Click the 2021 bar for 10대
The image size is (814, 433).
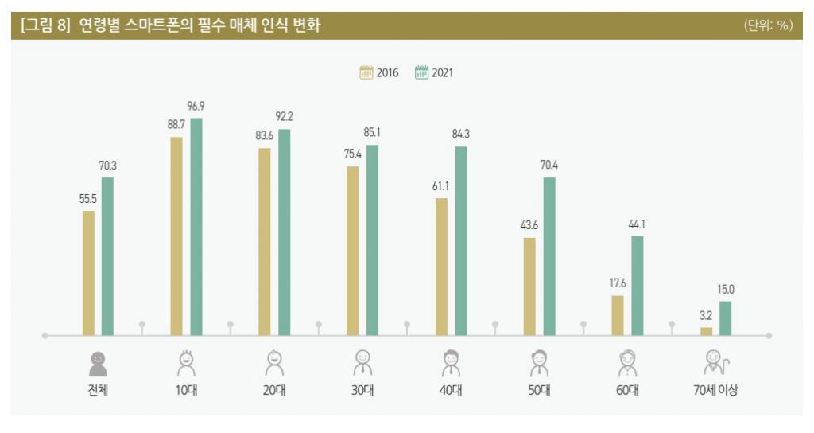click(x=196, y=227)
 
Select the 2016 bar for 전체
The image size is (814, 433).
click(x=88, y=273)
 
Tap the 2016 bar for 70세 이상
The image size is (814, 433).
click(x=706, y=331)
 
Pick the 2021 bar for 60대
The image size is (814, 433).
click(x=637, y=286)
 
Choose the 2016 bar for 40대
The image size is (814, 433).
click(x=441, y=267)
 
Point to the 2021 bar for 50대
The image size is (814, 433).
click(x=548, y=256)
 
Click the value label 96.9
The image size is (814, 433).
click(x=196, y=106)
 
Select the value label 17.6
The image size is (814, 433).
click(x=618, y=283)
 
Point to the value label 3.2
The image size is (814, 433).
click(x=706, y=315)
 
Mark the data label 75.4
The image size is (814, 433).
click(x=353, y=154)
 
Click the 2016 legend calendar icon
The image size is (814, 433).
click(x=366, y=72)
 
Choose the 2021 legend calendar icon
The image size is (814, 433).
click(x=421, y=72)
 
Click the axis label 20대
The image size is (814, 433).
click(x=273, y=390)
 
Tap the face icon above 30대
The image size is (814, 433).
click(x=362, y=362)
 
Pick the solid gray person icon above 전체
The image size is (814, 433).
click(x=97, y=363)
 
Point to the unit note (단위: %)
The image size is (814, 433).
click(x=767, y=26)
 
